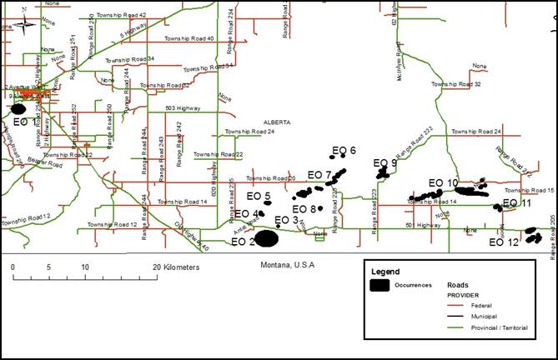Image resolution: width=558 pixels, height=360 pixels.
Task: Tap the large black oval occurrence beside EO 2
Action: tap(267, 238)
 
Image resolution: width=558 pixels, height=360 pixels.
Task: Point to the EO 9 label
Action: tap(385, 163)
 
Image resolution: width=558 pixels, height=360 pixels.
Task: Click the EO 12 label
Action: tap(504, 242)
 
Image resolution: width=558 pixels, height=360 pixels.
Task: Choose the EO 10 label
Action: tap(443, 183)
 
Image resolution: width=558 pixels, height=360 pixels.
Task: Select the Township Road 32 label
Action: tap(455, 84)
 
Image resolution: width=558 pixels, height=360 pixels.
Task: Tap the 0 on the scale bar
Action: tap(13, 267)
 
